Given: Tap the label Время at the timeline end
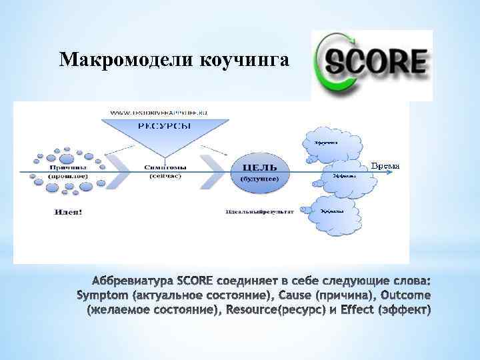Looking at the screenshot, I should (x=385, y=165).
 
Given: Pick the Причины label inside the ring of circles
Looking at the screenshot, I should (x=67, y=167).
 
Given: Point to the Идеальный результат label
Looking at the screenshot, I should (x=259, y=211).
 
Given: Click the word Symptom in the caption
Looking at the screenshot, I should (x=103, y=294).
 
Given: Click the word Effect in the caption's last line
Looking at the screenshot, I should (x=359, y=309).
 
